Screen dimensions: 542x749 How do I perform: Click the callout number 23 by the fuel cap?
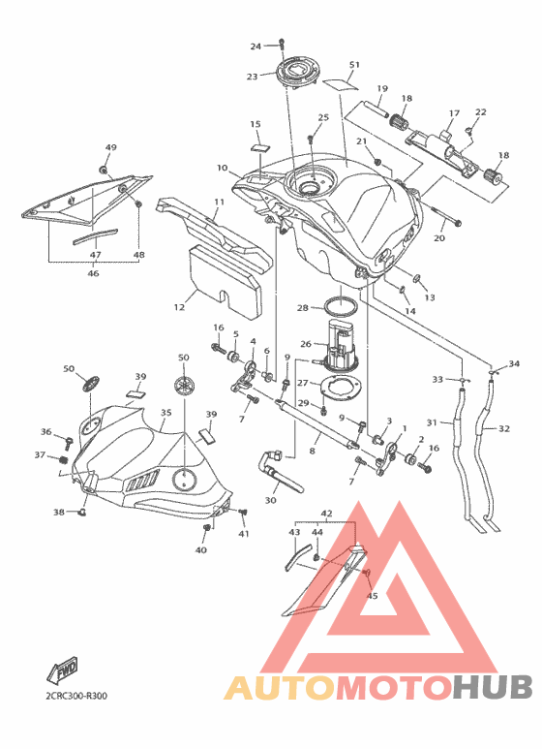(252, 77)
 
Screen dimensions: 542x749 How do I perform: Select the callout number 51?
(354, 65)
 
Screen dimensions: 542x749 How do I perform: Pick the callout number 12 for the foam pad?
(179, 307)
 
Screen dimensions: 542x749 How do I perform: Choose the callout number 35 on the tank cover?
(166, 412)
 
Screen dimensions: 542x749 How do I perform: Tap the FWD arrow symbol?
(62, 669)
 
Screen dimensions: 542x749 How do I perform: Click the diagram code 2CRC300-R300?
(76, 696)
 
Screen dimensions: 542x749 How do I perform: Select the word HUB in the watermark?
(493, 687)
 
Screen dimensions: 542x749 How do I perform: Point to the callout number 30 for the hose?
(271, 501)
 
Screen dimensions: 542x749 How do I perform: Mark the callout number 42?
(326, 514)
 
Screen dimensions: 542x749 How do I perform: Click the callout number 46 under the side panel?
(94, 273)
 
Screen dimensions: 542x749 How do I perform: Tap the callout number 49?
(110, 147)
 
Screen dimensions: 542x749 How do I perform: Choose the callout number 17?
(454, 113)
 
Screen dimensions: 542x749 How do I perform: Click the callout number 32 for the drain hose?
(504, 429)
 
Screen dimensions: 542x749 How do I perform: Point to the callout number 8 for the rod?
(312, 451)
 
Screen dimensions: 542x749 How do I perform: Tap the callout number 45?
(373, 596)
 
